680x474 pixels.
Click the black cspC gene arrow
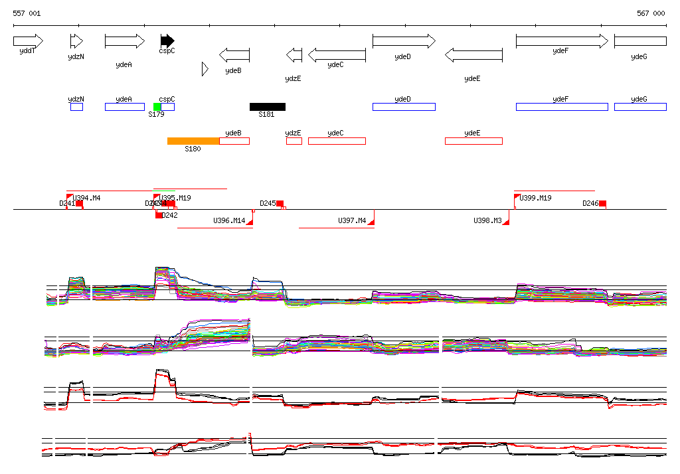[167, 41]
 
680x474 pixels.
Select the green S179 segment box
[157, 107]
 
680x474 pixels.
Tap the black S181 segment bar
[268, 107]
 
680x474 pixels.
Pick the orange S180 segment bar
[193, 141]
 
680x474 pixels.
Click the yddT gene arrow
[28, 41]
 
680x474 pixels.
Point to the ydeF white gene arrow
[561, 41]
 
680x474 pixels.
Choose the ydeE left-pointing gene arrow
[473, 55]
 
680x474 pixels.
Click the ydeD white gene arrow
[404, 41]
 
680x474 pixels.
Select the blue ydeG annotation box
[640, 107]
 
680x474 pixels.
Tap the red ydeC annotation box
[337, 141]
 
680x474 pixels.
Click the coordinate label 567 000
[651, 13]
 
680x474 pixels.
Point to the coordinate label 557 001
[27, 13]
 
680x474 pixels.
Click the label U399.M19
[536, 198]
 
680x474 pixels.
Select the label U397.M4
[352, 220]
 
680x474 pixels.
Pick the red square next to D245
[280, 203]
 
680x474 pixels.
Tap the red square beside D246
[602, 203]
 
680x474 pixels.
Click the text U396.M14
[229, 220]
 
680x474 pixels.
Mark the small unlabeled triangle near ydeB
[205, 68]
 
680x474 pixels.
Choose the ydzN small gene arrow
[76, 41]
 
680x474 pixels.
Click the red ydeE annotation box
[473, 141]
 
